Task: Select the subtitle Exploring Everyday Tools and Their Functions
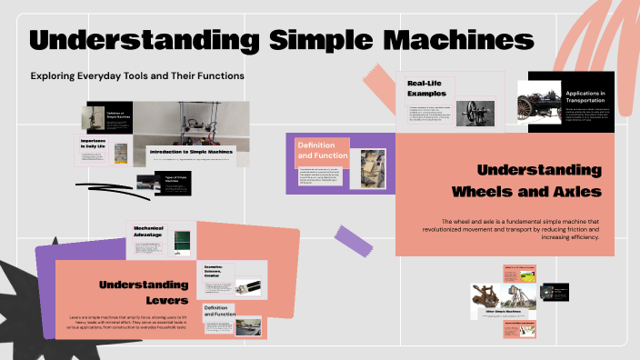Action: [x=137, y=75]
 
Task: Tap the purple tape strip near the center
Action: [x=355, y=240]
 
